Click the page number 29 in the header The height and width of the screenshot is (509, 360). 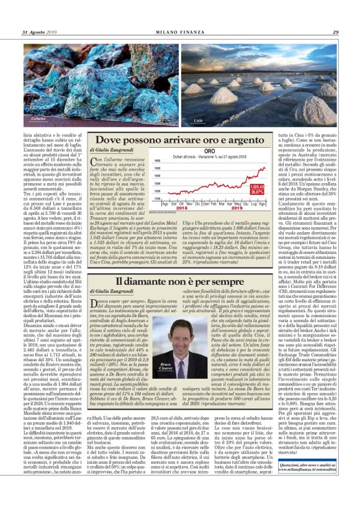click(335, 32)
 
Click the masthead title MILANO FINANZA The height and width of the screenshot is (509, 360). click(180, 32)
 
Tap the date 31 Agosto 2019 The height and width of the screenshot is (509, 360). click(39, 32)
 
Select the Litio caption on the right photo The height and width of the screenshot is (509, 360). click(198, 118)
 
